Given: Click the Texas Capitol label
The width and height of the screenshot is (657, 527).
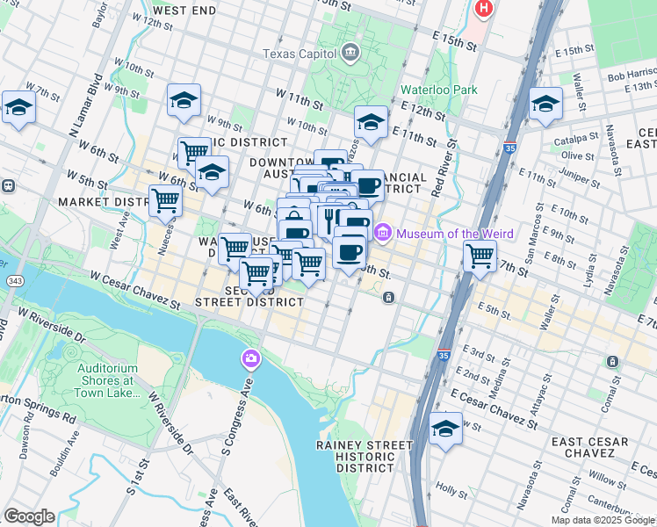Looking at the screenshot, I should pos(300,54).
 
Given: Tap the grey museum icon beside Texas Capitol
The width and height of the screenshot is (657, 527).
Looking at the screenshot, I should pos(350,54).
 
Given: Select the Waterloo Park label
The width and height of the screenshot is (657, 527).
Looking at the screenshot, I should pos(426,90).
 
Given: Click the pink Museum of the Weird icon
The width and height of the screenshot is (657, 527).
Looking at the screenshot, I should pos(382,233).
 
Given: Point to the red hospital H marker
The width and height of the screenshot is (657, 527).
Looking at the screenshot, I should pos(482,10).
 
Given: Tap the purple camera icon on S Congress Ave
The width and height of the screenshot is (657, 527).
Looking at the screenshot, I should pos(250,358).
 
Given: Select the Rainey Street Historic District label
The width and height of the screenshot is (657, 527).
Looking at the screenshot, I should pos(364,456).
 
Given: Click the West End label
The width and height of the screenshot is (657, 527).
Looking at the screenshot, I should pos(184,11).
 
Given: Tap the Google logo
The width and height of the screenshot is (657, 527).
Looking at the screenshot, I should pos(28,516).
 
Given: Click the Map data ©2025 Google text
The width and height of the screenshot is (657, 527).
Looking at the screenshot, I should pos(603,520).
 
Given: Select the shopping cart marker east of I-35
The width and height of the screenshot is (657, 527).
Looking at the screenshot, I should pos(480,256).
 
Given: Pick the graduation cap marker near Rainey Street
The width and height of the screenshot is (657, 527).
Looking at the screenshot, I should pos(446,430).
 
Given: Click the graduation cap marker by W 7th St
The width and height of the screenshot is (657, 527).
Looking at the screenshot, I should pos(18,108).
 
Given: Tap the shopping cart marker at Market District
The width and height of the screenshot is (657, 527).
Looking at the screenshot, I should pos(165,200).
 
